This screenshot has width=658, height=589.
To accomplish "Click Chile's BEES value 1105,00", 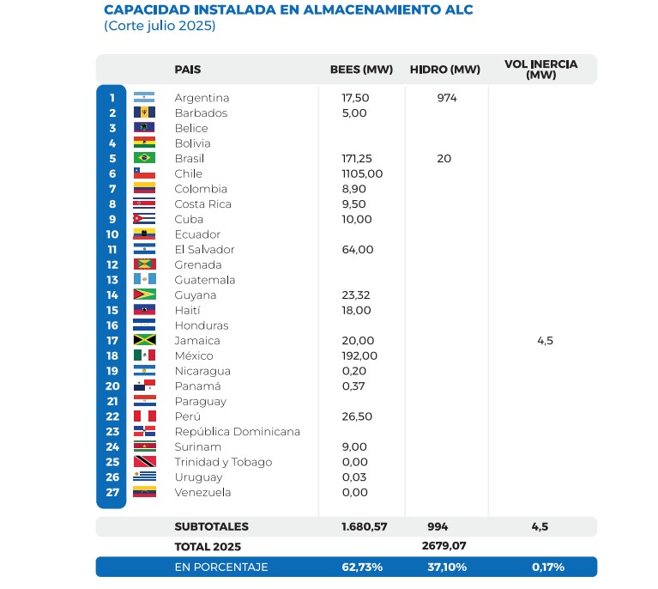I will tap(362, 173).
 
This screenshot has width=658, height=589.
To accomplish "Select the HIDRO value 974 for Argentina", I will tap(446, 98).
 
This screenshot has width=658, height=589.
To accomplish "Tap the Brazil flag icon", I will tap(144, 158).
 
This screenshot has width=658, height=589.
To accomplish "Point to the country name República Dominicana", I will tap(237, 431).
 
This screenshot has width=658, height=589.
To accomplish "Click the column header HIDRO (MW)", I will tap(444, 70).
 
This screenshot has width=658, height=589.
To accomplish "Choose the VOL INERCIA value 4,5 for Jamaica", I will tap(545, 341).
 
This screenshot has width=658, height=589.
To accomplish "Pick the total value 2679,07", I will tap(445, 546).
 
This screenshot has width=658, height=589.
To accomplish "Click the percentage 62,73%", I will tap(361, 567).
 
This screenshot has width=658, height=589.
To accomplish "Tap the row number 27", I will tap(112, 492).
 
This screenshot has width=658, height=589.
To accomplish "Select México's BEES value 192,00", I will tap(359, 355).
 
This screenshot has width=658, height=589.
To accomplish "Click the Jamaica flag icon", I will tap(144, 340).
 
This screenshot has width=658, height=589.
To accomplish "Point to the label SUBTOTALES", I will tap(211, 526).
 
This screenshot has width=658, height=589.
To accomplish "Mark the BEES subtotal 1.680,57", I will tap(361, 526).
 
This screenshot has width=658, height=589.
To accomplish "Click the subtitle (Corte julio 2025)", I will tap(160, 26).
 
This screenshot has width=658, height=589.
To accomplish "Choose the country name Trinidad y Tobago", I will tap(223, 462).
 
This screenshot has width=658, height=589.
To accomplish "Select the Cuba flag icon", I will tap(144, 219).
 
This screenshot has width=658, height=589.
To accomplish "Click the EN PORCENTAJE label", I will tap(221, 567).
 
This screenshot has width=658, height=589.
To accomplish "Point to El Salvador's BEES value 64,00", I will tap(359, 249).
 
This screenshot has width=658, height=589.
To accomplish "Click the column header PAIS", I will tap(188, 70).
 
